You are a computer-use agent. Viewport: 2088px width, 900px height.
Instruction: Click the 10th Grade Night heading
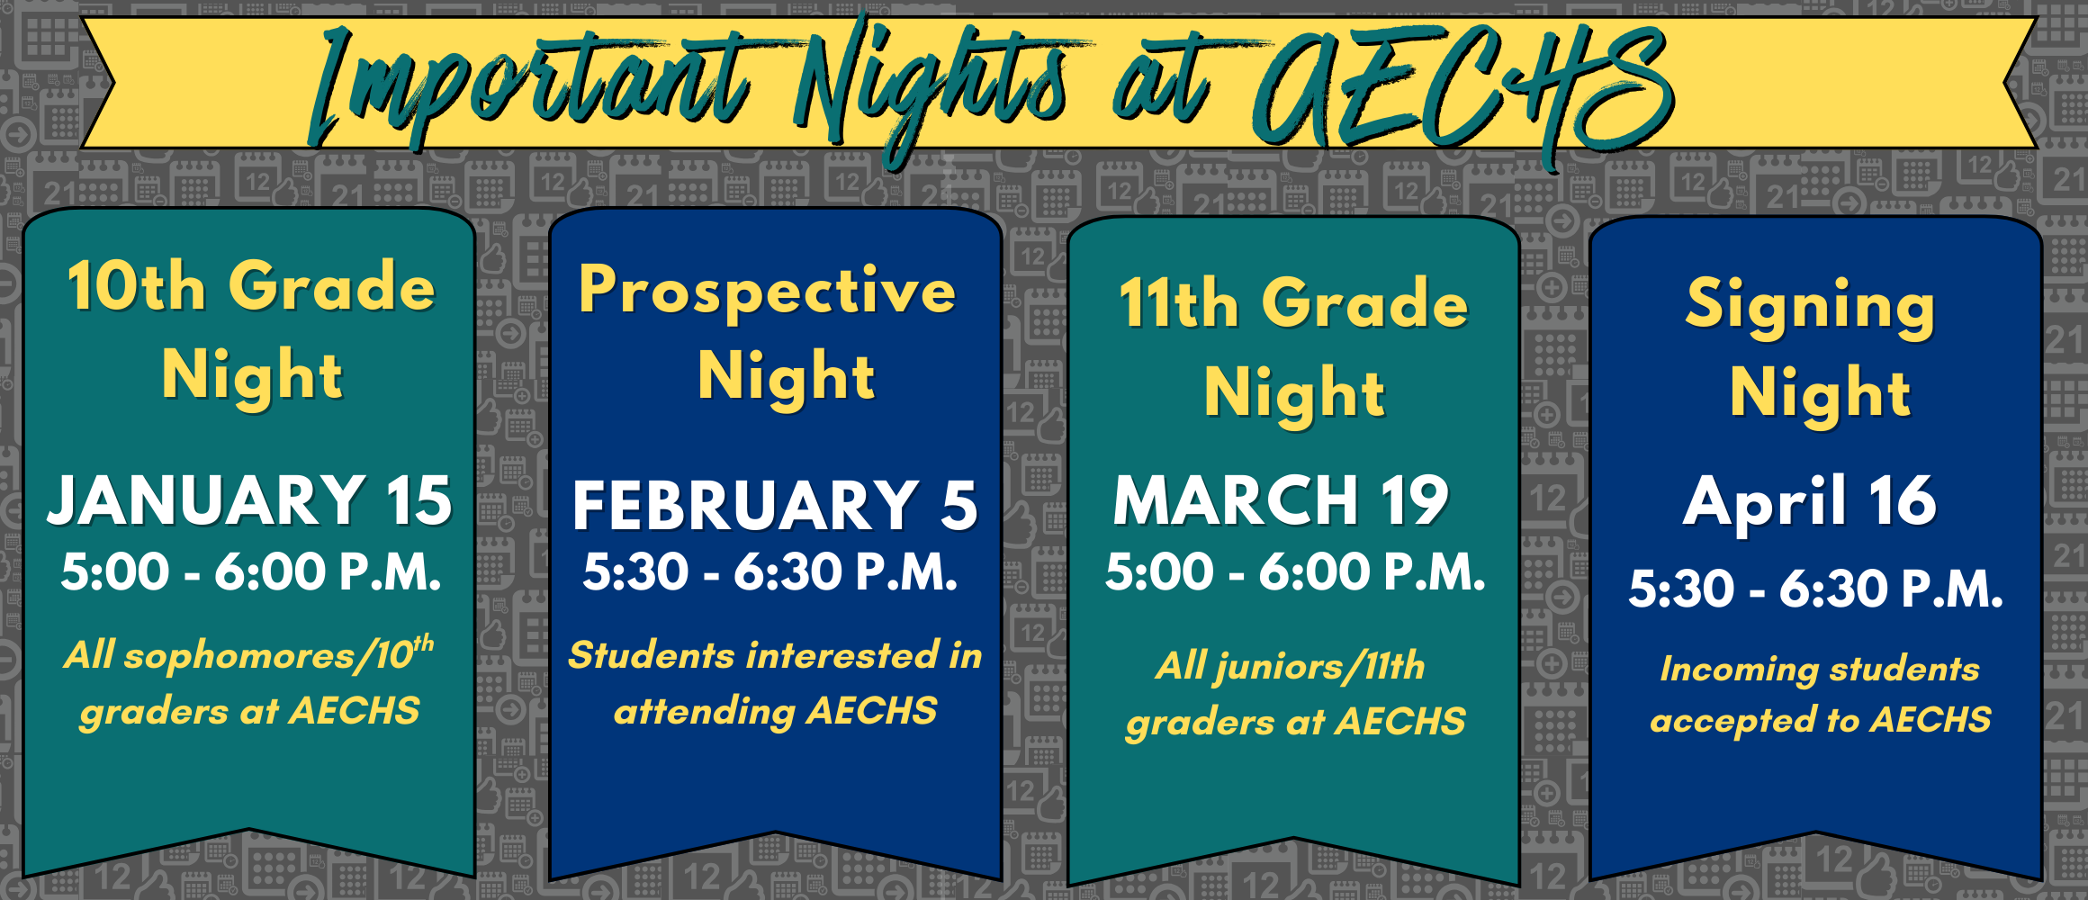(251, 329)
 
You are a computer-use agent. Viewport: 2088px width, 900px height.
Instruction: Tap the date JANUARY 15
(249, 500)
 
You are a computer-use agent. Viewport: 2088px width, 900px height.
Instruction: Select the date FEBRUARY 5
(775, 505)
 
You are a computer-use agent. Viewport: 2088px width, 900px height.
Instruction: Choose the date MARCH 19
(1281, 500)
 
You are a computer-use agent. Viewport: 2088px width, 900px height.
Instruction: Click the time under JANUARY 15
(251, 572)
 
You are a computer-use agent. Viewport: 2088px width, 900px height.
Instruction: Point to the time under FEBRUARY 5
(770, 572)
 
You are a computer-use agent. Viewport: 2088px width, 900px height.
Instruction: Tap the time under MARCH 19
(1295, 572)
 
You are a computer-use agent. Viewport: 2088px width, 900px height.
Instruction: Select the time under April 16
(1815, 589)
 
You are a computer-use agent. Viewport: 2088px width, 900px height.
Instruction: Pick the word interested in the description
(845, 655)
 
